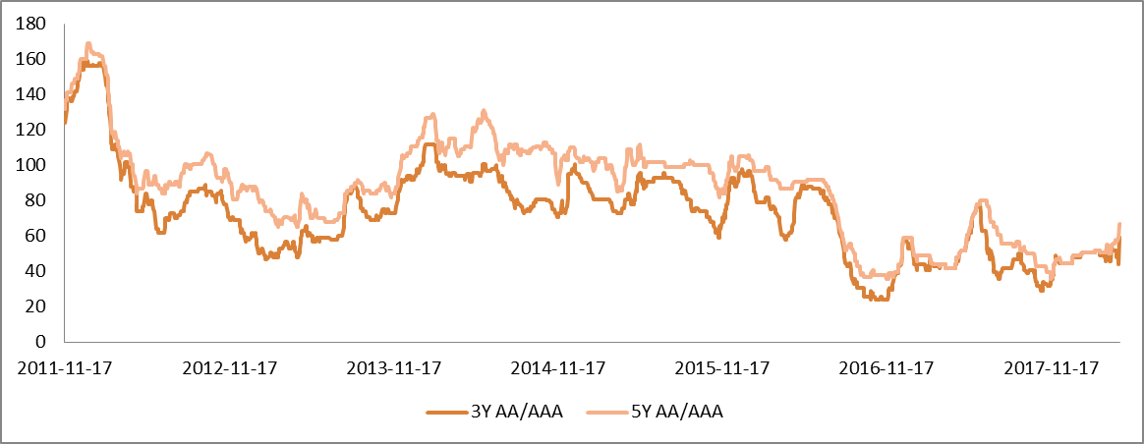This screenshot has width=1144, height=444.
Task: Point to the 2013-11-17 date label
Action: (x=393, y=368)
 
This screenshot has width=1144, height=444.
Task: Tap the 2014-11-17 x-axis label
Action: (x=557, y=368)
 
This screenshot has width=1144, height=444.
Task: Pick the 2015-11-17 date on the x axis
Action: (x=722, y=368)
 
